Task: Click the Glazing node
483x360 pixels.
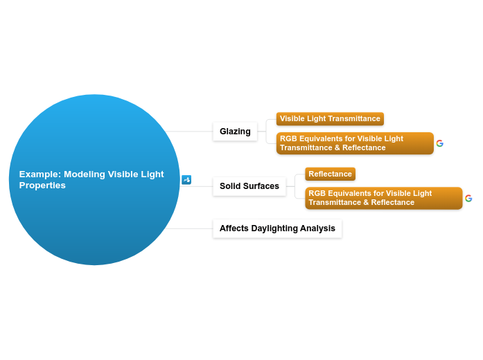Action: [235, 132]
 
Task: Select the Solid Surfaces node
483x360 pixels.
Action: [249, 186]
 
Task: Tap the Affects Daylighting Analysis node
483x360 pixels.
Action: [277, 228]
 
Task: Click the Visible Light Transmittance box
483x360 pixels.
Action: [330, 118]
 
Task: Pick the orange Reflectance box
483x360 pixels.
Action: [330, 174]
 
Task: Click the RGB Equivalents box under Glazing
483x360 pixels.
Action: [355, 143]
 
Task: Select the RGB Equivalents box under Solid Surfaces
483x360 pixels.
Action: [383, 198]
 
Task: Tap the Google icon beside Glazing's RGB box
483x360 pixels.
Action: [440, 143]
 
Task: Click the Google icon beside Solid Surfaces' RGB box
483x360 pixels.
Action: [468, 198]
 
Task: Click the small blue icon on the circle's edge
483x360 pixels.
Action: [186, 180]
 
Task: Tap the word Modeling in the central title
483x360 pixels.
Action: [84, 174]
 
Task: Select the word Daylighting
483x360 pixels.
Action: [278, 228]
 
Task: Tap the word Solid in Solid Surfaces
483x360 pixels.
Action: [229, 186]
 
